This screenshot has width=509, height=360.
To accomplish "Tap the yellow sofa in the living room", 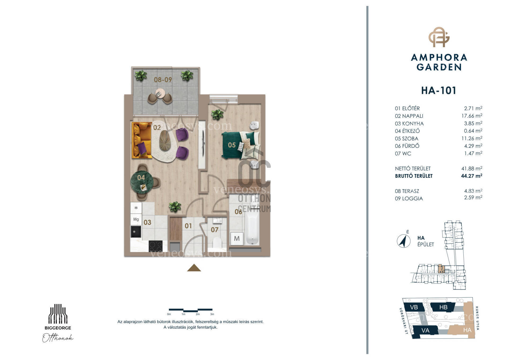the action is (141, 140).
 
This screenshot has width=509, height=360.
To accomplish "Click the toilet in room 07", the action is (217, 243).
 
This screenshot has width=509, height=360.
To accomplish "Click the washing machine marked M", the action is (237, 238).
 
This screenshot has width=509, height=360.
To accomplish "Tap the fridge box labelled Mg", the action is (136, 219).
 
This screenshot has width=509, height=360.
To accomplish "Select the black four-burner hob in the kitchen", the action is (156, 246).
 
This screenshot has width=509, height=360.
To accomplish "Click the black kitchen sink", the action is (136, 232).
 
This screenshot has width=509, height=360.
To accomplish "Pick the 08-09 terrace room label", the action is (163, 80).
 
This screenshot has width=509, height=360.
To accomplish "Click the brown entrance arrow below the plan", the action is (194, 268).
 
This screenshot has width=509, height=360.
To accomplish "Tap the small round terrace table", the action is (160, 94).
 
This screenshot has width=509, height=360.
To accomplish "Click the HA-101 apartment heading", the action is (439, 90).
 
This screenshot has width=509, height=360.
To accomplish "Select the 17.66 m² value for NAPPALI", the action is (472, 116).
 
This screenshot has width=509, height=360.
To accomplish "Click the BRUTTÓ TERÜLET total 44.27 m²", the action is (472, 176).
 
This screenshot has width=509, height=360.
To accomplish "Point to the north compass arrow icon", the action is (403, 241).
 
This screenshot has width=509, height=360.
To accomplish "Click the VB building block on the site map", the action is (414, 307).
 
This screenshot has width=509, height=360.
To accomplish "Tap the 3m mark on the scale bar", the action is (212, 314).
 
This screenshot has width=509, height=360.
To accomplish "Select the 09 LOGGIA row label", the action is (409, 198).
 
